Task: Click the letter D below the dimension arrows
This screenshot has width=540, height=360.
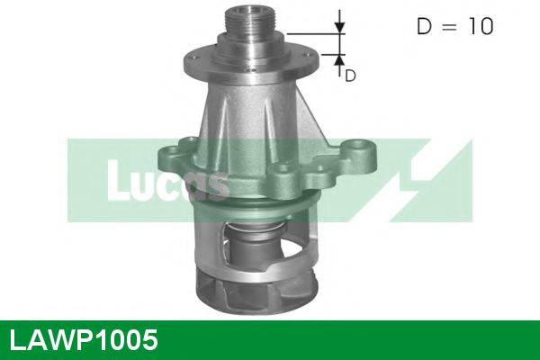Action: point(350,76)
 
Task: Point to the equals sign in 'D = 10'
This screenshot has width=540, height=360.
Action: point(446,27)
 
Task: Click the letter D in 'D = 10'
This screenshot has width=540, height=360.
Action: point(424,27)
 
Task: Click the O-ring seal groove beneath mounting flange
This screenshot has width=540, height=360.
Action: point(261,206)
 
